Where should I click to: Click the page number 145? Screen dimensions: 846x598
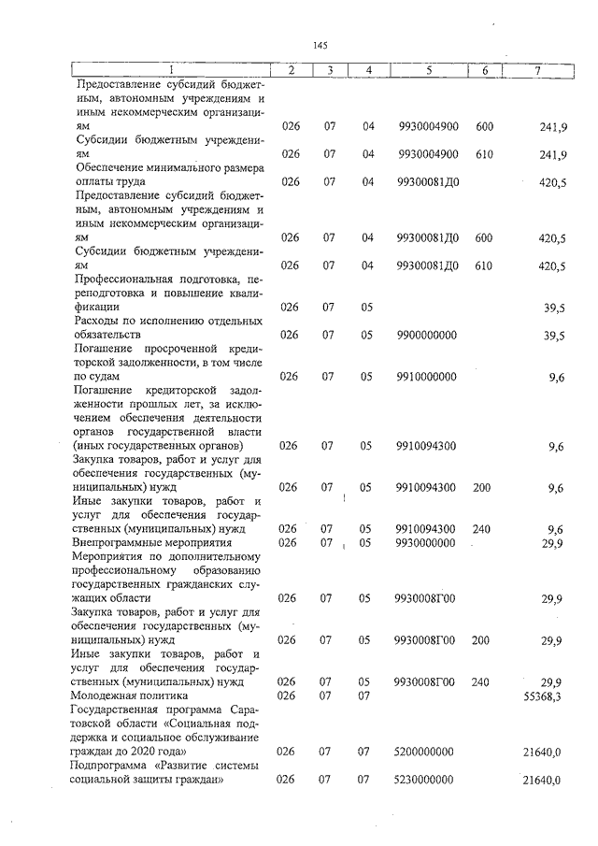tap(320, 45)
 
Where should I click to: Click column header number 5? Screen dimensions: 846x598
tap(427, 70)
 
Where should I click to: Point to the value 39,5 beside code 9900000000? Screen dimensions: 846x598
tap(555, 336)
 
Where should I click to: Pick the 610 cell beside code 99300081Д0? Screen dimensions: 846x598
tap(484, 265)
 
